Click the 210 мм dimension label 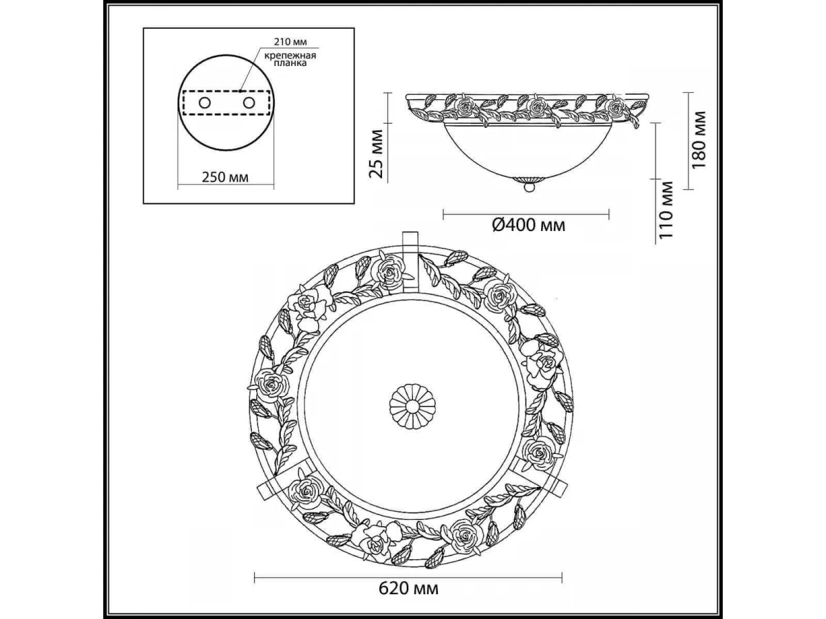290,42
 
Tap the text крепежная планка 290,59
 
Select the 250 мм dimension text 225,177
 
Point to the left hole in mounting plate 204,102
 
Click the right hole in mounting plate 248,102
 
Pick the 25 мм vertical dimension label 376,153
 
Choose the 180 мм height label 699,140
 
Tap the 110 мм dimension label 666,210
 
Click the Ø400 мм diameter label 529,225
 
